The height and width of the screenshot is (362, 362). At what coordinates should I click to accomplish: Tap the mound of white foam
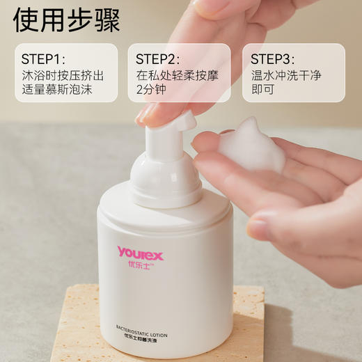251,145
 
